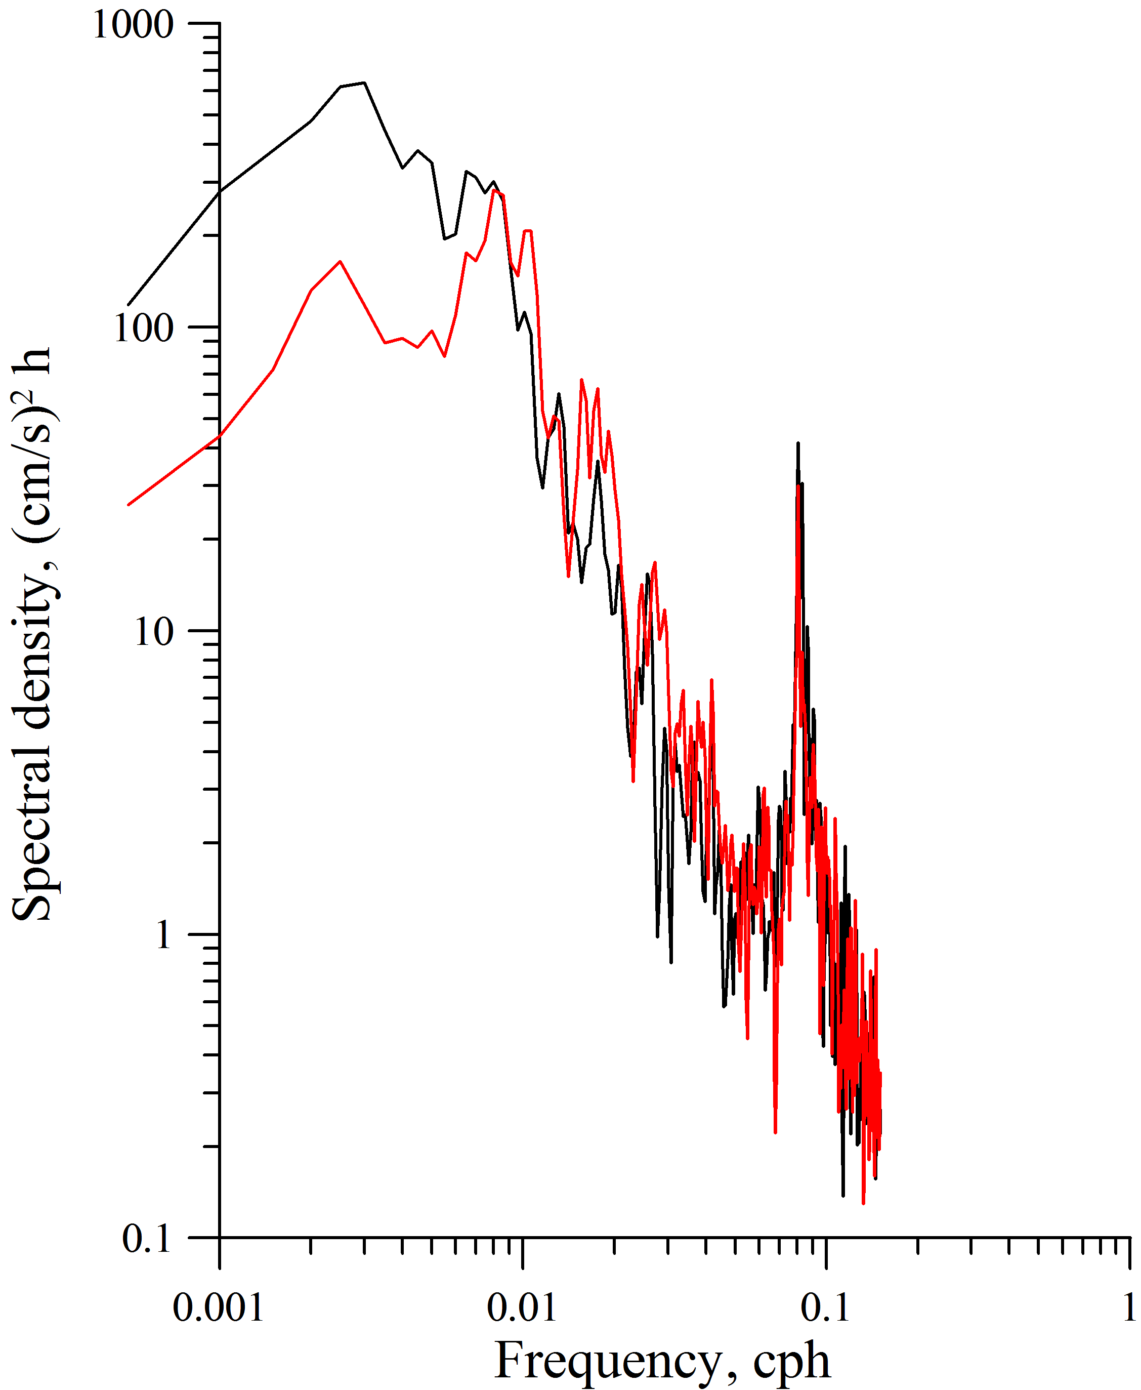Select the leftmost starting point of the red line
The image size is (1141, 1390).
coord(128,505)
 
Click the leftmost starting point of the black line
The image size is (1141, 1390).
coord(128,305)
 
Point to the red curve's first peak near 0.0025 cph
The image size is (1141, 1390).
coord(340,262)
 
